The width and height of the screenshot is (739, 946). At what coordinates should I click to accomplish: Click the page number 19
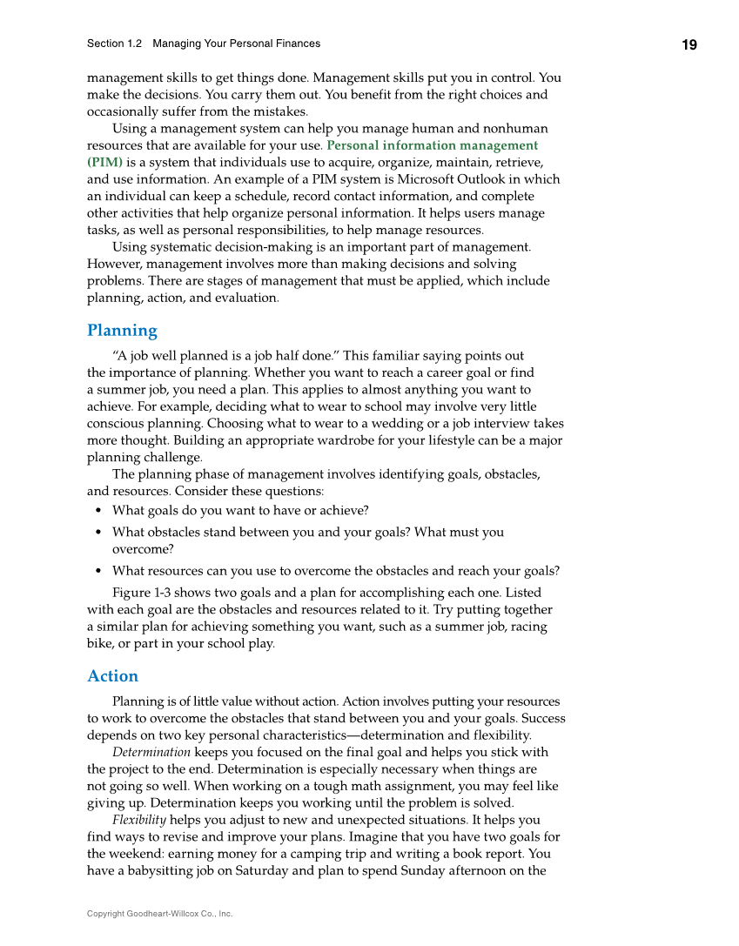pos(689,45)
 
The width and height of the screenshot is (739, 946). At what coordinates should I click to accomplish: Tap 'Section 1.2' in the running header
pos(114,44)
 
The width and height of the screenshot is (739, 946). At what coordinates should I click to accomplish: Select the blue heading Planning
pos(122,331)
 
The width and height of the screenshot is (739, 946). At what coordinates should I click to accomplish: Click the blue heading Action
pos(112,676)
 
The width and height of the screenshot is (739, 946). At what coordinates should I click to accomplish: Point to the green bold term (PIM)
pos(104,163)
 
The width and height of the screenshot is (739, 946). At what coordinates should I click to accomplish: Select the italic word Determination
pos(151,752)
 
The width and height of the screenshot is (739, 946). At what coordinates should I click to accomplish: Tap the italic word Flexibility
pos(139,820)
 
